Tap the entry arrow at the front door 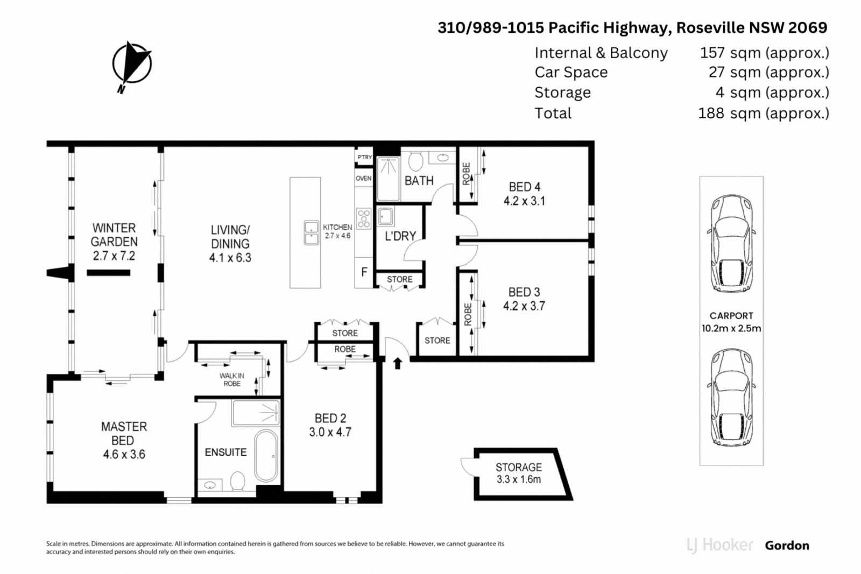(398, 364)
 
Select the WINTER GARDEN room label (114, 235)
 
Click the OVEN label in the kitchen (363, 178)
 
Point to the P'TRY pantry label (364, 157)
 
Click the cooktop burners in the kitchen (364, 219)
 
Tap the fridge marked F (364, 272)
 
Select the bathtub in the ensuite (266, 456)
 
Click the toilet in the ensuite (238, 480)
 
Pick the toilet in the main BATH (415, 160)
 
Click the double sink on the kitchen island (312, 232)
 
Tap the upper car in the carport (731, 243)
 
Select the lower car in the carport (731, 397)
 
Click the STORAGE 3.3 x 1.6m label (519, 473)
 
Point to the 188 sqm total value (763, 114)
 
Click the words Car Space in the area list (571, 73)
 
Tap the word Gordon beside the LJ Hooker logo (787, 545)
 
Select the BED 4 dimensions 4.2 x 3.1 (524, 201)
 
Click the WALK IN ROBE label (232, 379)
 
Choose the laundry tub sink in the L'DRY (385, 217)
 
